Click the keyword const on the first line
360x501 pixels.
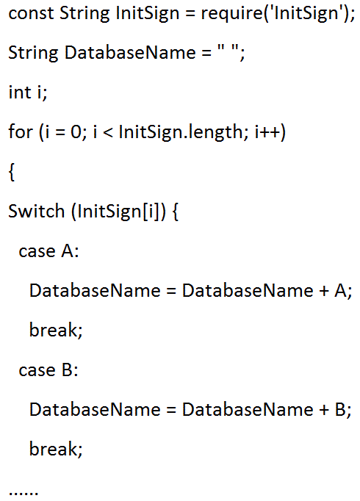(31, 14)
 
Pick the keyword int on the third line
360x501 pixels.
(20, 93)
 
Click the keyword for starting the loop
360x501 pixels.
(21, 131)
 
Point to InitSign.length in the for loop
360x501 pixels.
(181, 132)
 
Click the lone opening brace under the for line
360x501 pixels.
(12, 173)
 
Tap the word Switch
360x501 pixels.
(37, 211)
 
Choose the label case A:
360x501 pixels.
(48, 250)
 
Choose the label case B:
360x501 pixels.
(48, 370)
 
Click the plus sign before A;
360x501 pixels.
(324, 291)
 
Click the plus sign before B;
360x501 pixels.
(324, 410)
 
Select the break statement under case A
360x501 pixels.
(56, 330)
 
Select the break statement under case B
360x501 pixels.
(56, 449)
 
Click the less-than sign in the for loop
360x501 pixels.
(108, 132)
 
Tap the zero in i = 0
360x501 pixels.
(76, 131)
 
